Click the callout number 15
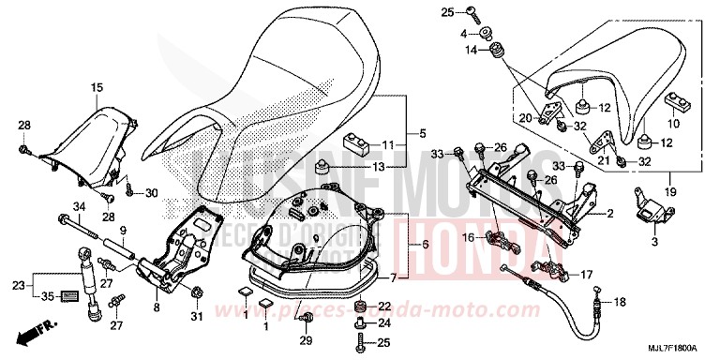coord(96,87)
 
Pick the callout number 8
coord(156,306)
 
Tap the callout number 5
coord(423,132)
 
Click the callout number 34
coord(79,207)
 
